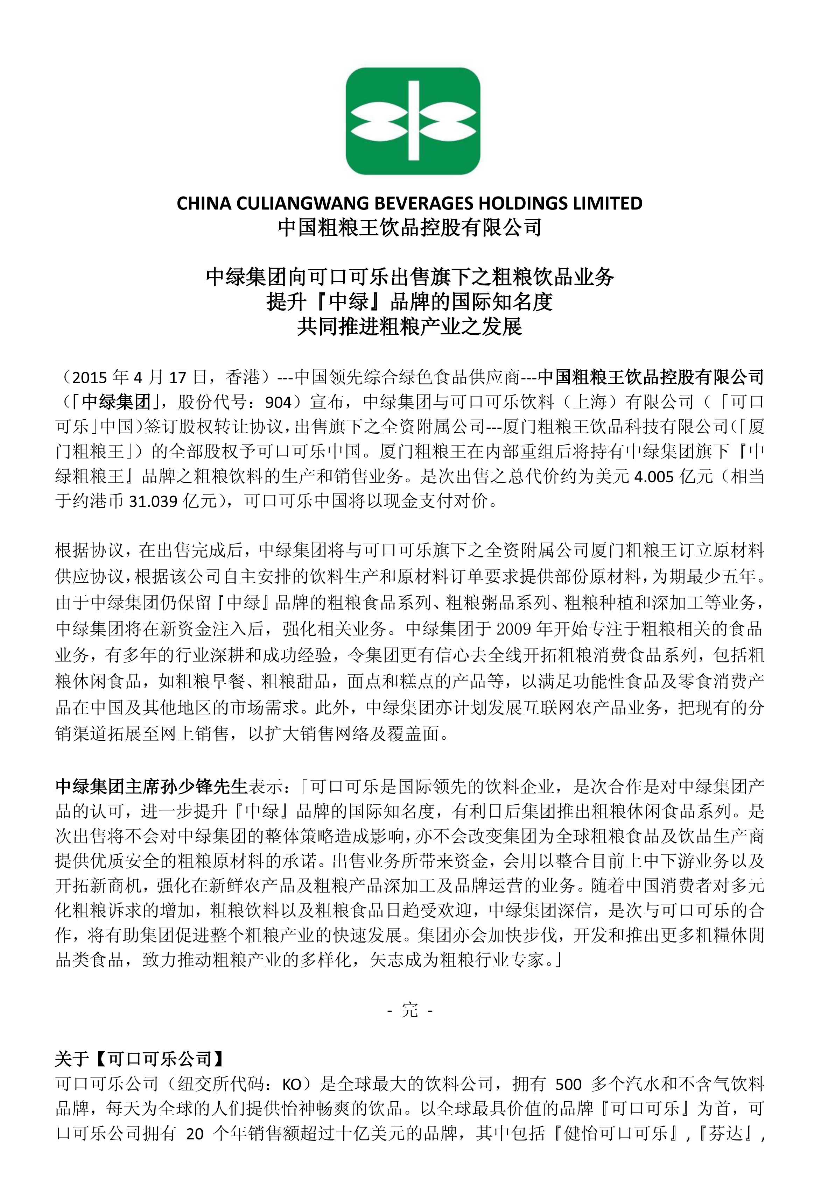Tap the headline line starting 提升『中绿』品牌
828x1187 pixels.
[x=409, y=302]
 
